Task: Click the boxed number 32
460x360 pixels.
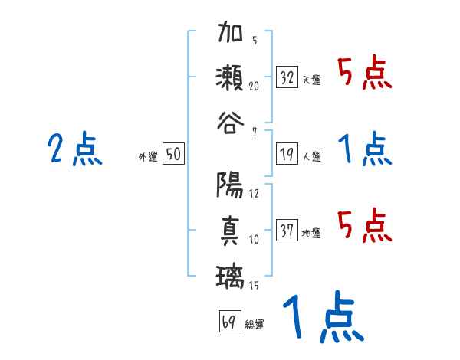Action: (287, 77)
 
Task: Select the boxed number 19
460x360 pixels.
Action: (287, 154)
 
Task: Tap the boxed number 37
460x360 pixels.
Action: (287, 231)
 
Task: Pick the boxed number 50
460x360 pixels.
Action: (173, 154)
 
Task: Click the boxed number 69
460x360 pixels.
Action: (229, 321)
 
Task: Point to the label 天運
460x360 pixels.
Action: (311, 80)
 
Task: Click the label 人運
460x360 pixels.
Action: (311, 156)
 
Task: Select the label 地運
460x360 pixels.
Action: (311, 233)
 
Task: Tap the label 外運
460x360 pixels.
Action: (148, 156)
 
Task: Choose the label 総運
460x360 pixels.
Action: (255, 323)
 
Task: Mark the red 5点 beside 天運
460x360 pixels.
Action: (364, 74)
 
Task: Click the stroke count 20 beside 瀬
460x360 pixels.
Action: (254, 87)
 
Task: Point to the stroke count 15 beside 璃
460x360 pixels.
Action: (254, 286)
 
